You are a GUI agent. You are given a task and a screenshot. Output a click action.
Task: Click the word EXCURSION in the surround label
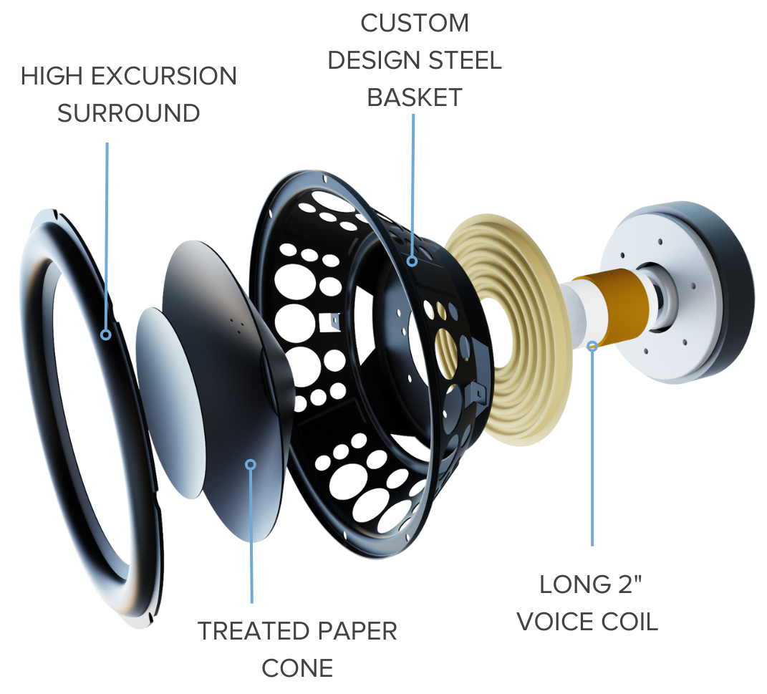pyautogui.click(x=164, y=77)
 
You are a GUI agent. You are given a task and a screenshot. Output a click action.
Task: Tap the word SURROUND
pyautogui.click(x=129, y=113)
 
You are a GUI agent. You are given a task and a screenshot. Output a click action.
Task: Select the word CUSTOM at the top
pyautogui.click(x=415, y=23)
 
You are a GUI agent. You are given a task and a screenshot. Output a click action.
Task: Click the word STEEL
pyautogui.click(x=465, y=60)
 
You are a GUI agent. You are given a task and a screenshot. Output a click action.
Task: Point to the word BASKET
pyautogui.click(x=415, y=97)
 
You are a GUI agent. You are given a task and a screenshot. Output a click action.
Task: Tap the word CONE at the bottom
pyautogui.click(x=297, y=668)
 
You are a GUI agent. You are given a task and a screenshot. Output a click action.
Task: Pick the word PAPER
pyautogui.click(x=352, y=631)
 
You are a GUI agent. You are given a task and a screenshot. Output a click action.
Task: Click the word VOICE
pyautogui.click(x=555, y=622)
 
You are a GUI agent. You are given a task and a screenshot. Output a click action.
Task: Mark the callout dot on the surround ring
pyautogui.click(x=106, y=335)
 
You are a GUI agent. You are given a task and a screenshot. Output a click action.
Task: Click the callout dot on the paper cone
pyautogui.click(x=251, y=464)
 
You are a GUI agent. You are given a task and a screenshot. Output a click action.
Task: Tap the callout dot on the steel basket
pyautogui.click(x=412, y=261)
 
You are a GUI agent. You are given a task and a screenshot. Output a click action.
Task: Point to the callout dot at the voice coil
pyautogui.click(x=592, y=346)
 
